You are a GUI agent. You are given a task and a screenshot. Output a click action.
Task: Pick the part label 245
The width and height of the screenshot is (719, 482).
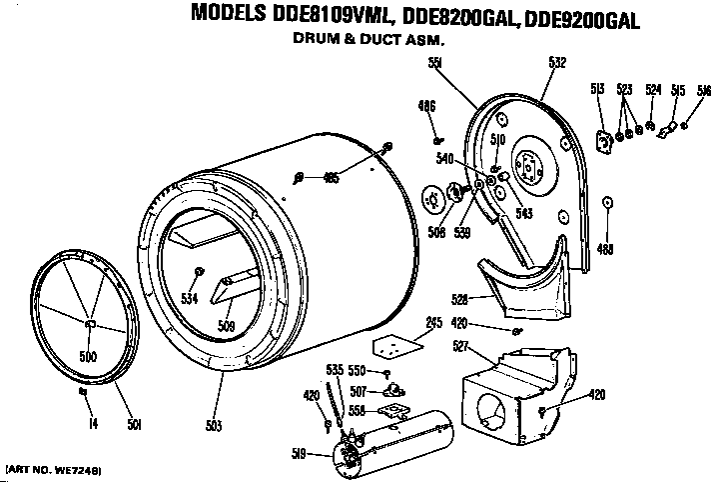[x=406, y=323]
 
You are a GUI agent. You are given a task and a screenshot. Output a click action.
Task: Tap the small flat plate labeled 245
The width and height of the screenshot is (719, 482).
[x=392, y=346]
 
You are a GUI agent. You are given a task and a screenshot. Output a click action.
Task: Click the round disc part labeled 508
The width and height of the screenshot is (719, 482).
[x=434, y=198]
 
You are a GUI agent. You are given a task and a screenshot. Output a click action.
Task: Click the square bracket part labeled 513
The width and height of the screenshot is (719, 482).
[x=604, y=141]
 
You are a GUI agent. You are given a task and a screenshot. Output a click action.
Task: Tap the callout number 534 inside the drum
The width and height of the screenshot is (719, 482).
[x=188, y=297]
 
